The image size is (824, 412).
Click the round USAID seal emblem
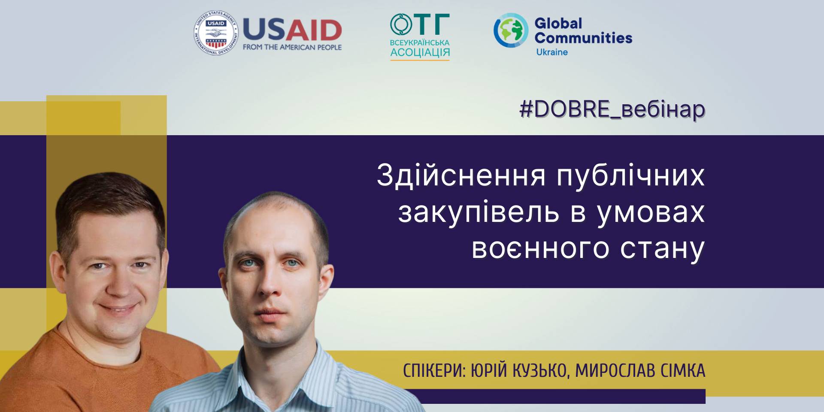(215, 33)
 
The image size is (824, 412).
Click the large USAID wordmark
(292, 30)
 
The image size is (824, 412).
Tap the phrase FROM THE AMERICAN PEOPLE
(292, 47)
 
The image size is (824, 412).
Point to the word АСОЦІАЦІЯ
(420, 52)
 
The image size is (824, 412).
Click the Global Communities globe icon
(511, 30)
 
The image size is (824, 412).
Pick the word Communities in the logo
(583, 38)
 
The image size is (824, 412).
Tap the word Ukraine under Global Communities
(552, 52)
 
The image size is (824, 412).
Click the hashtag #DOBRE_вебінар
(612, 109)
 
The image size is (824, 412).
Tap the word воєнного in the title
(540, 248)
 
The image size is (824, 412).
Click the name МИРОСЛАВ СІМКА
(640, 371)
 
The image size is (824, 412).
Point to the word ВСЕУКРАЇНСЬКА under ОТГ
(420, 42)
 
